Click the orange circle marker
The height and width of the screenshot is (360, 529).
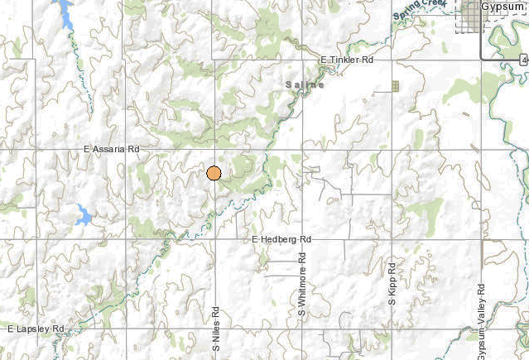(214, 173)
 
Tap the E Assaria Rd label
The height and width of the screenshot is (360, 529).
(112, 149)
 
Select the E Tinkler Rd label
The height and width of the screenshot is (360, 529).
(348, 60)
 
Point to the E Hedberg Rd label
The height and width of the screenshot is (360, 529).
(281, 239)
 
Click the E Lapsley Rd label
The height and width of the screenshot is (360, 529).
(36, 329)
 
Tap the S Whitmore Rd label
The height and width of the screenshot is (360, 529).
(303, 292)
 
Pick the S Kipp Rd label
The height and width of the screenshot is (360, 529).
(392, 284)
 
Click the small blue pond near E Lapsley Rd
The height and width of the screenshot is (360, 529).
(84, 216)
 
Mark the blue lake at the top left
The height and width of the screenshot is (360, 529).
(62, 12)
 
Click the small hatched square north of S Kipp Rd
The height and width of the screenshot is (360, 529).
(395, 85)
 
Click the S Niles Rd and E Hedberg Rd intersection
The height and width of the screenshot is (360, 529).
(214, 239)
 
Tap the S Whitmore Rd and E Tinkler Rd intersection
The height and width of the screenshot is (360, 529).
(303, 60)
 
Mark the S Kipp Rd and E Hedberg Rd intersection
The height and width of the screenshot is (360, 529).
(392, 239)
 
